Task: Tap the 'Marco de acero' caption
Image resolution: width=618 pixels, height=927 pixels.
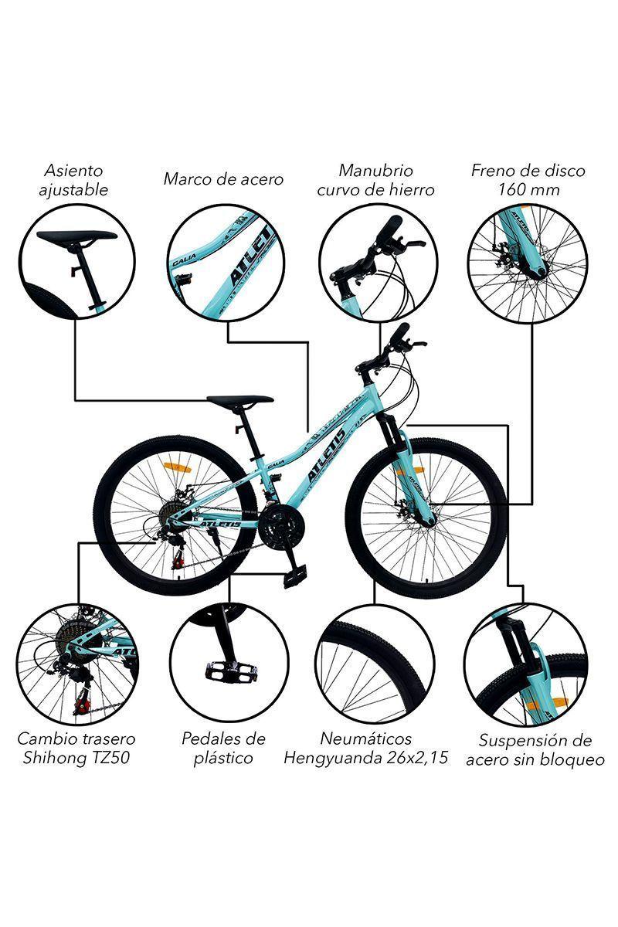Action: tap(223, 179)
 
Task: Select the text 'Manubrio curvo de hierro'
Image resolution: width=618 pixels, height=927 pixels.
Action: tap(375, 179)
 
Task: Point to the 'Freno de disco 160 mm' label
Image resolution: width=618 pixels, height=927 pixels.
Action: tap(528, 179)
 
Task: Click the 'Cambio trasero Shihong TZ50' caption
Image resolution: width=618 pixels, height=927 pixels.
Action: tap(76, 748)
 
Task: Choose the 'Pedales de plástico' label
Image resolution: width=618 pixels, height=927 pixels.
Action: tap(223, 748)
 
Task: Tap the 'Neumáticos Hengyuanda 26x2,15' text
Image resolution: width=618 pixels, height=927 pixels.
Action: tap(365, 748)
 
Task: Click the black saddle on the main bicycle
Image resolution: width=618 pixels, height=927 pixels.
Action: tap(240, 401)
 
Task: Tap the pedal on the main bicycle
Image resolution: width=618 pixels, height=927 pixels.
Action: tap(294, 576)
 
